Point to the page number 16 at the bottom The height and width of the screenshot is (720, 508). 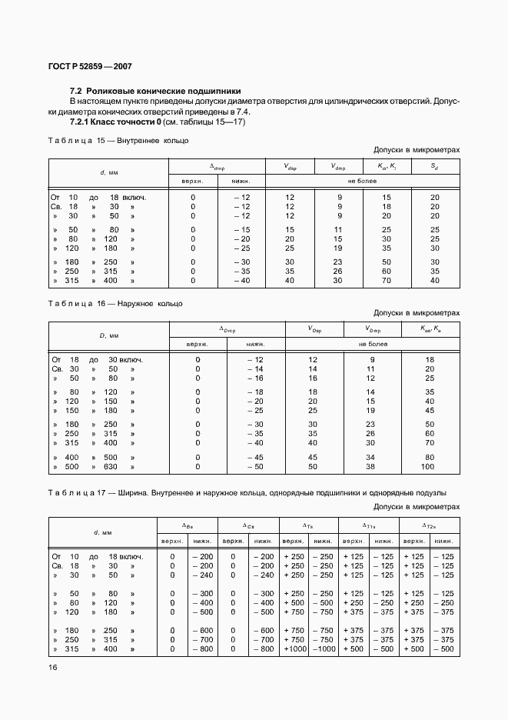click(x=54, y=667)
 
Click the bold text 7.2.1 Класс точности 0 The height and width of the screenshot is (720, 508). click(x=114, y=122)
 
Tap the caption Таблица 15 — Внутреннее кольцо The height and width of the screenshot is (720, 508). click(x=118, y=141)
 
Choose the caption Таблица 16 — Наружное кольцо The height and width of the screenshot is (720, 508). click(x=115, y=304)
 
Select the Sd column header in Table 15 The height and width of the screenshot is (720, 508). click(x=434, y=166)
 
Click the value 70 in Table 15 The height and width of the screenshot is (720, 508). click(x=387, y=281)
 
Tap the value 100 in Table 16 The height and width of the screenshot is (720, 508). click(x=428, y=466)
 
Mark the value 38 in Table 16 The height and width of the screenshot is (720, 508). click(x=370, y=466)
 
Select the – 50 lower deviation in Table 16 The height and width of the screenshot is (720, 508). click(x=254, y=466)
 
